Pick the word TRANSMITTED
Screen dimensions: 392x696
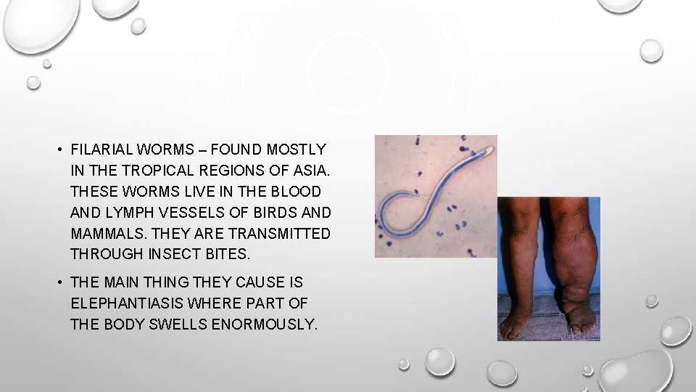[x=279, y=234]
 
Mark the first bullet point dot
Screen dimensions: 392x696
[x=56, y=150]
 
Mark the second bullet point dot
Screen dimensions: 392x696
[x=56, y=282]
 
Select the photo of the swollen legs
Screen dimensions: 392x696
[x=548, y=269]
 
